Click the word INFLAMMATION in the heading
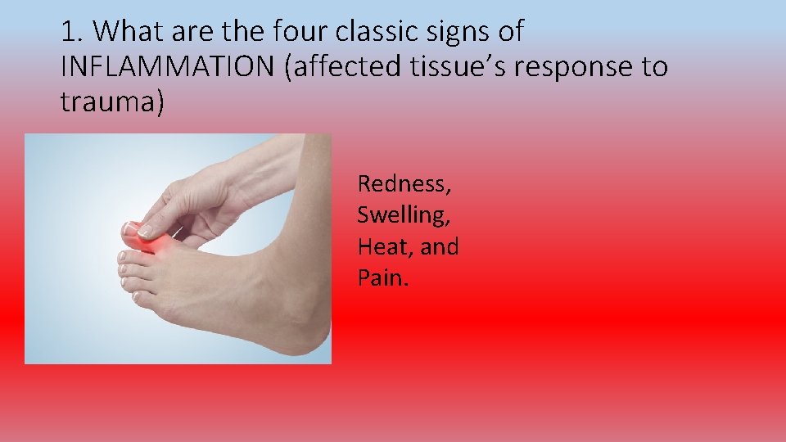(x=169, y=67)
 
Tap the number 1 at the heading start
(x=69, y=33)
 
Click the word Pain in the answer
(x=381, y=278)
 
